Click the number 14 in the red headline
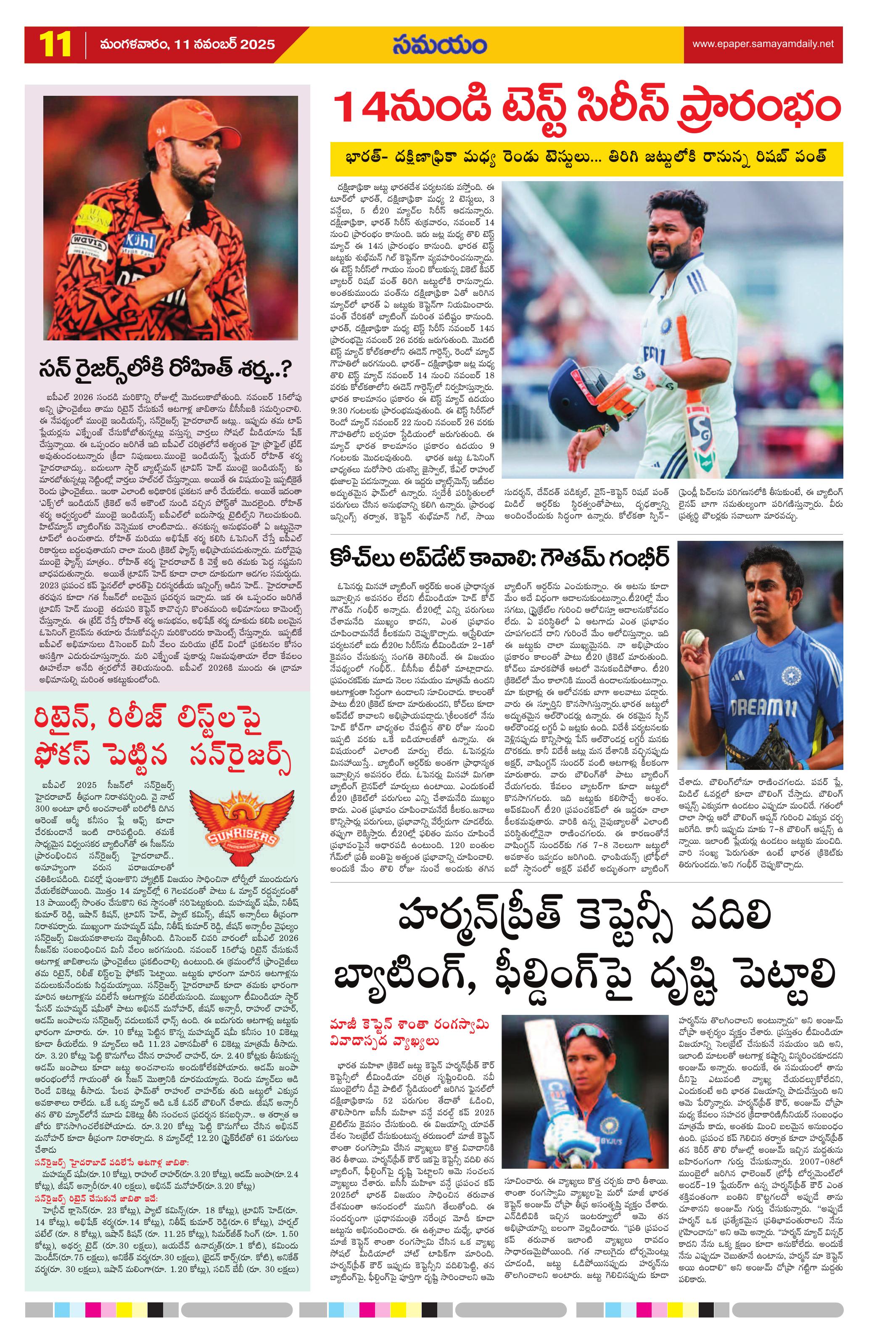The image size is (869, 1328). click(x=363, y=109)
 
